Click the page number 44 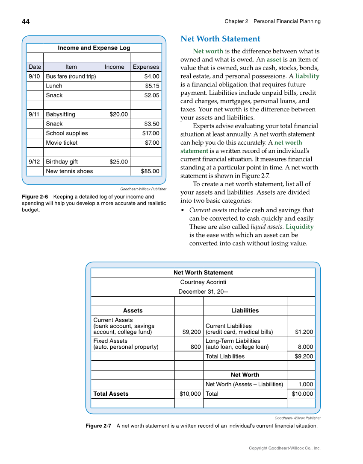pos(26,21)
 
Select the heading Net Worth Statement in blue pos(220,39)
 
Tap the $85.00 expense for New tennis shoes pos(150,171)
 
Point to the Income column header pos(114,67)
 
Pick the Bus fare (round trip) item pos(71,76)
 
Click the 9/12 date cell pos(34,162)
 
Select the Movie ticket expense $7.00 pos(152,143)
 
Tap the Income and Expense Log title pos(94,48)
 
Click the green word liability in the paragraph pos(307,76)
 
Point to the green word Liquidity pos(299,227)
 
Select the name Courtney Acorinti pos(203,282)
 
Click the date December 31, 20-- pos(203,292)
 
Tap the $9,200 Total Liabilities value pos(304,356)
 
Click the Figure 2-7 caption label pos(98,426)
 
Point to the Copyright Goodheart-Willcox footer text pos(285,448)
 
